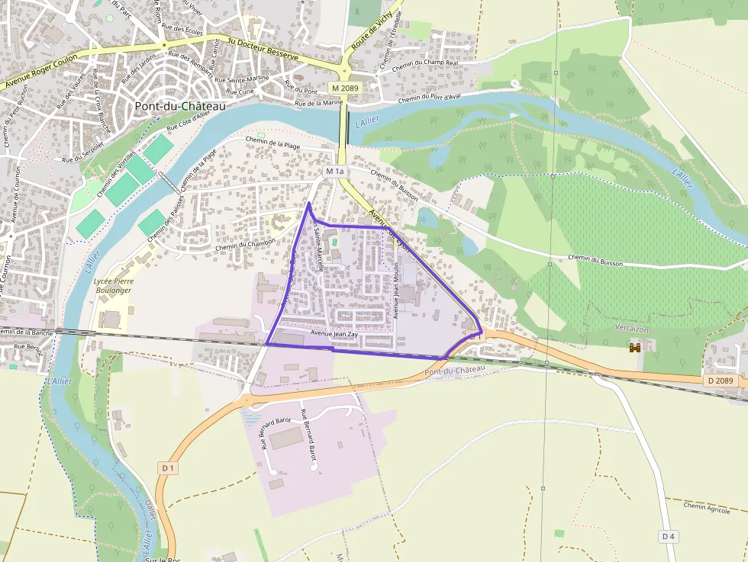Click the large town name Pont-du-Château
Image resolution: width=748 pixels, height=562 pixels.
click(180, 107)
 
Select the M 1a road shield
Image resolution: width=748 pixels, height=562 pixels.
click(334, 172)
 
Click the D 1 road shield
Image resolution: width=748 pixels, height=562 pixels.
click(168, 467)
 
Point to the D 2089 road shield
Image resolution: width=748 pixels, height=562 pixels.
click(719, 381)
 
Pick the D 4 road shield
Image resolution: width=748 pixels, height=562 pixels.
click(669, 537)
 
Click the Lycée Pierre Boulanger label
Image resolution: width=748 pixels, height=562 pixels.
click(112, 285)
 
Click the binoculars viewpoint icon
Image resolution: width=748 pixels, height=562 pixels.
click(634, 348)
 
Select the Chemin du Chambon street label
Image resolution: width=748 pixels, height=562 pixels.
click(245, 245)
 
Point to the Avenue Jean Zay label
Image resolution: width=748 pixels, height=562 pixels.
click(334, 334)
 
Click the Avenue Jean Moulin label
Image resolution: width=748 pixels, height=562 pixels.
click(397, 296)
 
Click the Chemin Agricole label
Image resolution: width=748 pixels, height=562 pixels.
click(707, 506)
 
